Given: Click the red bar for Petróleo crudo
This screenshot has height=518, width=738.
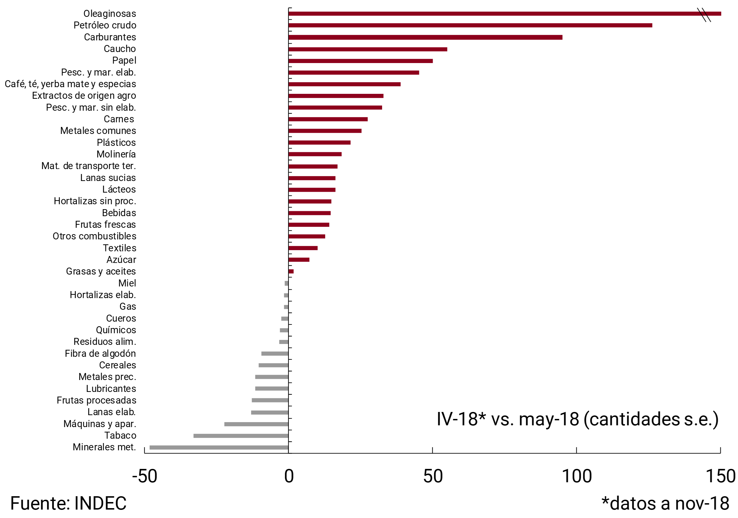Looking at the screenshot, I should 470,25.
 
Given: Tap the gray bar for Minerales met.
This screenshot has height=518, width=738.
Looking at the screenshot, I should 219,448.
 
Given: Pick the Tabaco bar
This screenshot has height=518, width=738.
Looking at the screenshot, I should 241,436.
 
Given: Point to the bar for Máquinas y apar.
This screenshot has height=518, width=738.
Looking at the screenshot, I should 256,424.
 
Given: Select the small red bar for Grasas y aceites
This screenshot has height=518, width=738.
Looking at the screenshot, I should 291,272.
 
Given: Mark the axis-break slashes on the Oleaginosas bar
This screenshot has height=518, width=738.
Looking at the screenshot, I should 704,15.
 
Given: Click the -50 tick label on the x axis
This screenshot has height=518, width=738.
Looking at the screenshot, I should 145,476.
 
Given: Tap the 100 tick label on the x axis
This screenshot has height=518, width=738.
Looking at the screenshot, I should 576,476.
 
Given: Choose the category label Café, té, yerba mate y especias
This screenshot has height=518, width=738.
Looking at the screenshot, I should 70,84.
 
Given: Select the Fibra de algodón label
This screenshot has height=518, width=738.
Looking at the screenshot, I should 100,354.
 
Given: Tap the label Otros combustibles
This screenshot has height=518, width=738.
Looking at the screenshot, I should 94,236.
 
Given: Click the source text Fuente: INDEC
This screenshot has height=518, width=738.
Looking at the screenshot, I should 68,503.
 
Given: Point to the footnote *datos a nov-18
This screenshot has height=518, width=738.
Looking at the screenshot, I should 665,503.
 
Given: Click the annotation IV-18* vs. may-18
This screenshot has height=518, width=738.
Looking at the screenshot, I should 577,419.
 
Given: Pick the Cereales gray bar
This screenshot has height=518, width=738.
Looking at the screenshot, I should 273,365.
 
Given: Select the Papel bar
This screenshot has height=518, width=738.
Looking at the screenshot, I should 360,61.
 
